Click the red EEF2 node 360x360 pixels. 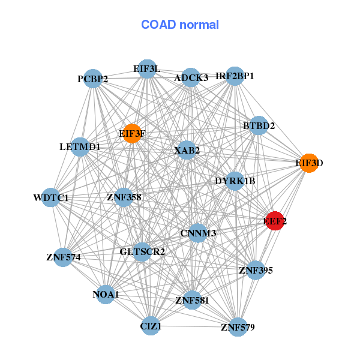tap(275, 221)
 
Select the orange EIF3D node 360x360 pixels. tap(308, 163)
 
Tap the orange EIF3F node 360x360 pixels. tap(132, 133)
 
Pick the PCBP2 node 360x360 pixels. tap(93, 79)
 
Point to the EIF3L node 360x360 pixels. tap(147, 69)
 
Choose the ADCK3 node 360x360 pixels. tap(191, 77)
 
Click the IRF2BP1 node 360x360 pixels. tap(235, 76)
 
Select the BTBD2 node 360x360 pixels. tap(259, 126)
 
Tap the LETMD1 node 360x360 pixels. tap(80, 146)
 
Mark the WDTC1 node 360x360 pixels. tap(51, 197)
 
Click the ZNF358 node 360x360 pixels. tap(124, 197)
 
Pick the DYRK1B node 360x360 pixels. tap(235, 181)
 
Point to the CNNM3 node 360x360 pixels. tap(198, 232)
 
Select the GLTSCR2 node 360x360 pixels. tap(142, 251)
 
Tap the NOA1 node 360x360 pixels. tap(106, 294)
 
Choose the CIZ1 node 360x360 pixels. tap(151, 326)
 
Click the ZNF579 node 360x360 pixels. tap(238, 327)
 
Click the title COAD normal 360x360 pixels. tap(180, 25)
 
